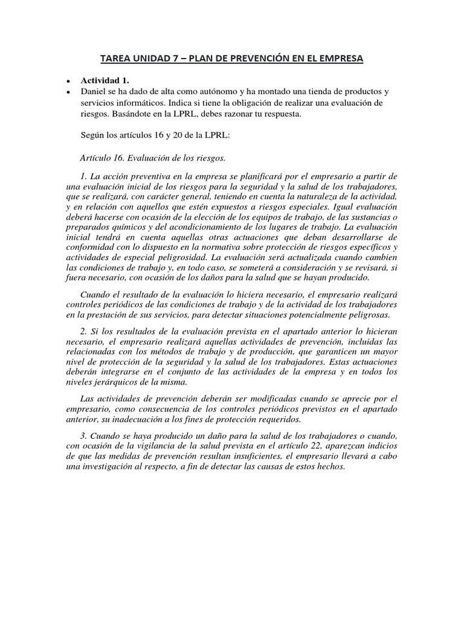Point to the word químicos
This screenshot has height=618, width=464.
126,228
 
